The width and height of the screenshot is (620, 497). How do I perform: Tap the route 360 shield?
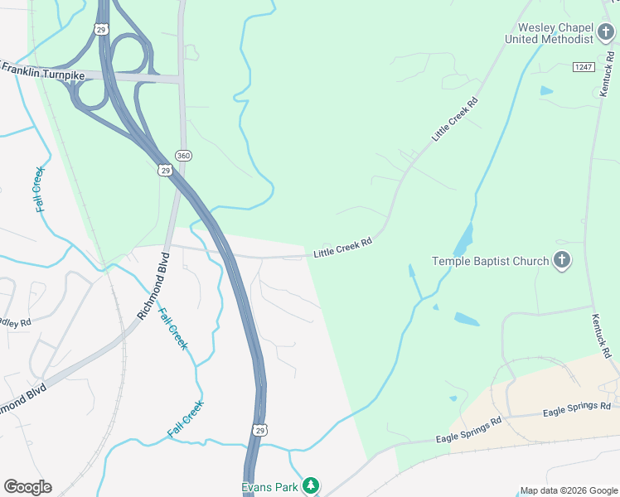(x=184, y=156)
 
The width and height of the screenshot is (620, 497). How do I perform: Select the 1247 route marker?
(x=583, y=65)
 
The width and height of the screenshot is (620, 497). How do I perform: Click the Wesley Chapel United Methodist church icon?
(x=607, y=32)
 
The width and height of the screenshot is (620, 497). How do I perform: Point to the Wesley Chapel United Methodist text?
(x=550, y=32)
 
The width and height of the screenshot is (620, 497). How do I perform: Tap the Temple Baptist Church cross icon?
(x=561, y=261)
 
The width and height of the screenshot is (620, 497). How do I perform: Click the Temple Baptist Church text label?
(x=491, y=262)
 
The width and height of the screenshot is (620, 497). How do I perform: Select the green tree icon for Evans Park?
(x=311, y=485)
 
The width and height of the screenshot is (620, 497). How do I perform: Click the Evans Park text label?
(x=269, y=487)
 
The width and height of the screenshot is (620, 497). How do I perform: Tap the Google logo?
(x=27, y=487)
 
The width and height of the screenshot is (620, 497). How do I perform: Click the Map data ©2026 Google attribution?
(x=569, y=490)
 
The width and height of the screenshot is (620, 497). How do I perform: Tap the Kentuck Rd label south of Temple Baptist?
(x=601, y=335)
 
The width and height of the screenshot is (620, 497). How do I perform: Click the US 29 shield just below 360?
(x=165, y=170)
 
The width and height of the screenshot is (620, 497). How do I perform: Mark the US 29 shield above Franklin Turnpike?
(x=101, y=29)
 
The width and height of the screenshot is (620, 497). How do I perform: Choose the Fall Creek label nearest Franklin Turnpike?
(x=40, y=189)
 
